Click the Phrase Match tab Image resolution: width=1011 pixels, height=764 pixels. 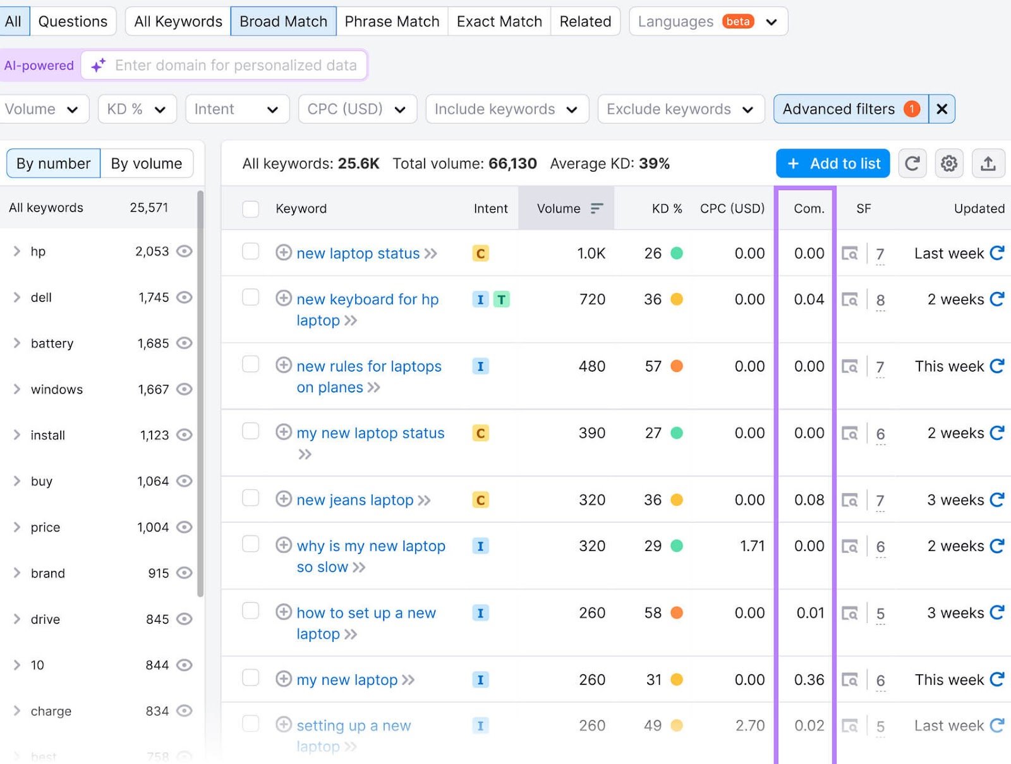[x=392, y=21]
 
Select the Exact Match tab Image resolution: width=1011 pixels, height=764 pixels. [x=499, y=21]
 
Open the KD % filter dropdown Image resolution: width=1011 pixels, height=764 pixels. [x=136, y=109]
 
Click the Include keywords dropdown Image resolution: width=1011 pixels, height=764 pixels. [x=506, y=109]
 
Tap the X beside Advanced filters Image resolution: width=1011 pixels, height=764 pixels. [x=941, y=109]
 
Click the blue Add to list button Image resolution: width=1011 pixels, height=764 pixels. [x=833, y=164]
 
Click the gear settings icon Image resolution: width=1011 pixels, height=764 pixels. [x=949, y=164]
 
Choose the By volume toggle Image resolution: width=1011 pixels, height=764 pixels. [x=147, y=164]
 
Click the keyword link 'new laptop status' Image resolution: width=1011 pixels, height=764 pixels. [x=358, y=253]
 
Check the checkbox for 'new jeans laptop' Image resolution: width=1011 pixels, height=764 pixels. [x=251, y=499]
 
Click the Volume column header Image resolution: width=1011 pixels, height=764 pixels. [x=559, y=209]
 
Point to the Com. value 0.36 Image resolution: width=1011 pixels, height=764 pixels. [x=809, y=680]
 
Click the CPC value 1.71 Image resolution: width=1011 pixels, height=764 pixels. [x=752, y=546]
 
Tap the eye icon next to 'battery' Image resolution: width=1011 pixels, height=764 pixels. [x=184, y=343]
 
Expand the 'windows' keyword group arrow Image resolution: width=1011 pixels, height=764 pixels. [x=17, y=389]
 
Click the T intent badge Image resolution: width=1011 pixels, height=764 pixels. [x=501, y=300]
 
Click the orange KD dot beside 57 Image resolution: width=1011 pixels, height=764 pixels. [x=677, y=367]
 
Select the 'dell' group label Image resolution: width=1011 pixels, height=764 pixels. [x=41, y=298]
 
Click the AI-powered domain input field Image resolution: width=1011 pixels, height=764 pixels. [x=235, y=65]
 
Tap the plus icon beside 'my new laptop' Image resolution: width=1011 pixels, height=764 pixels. [x=284, y=679]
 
